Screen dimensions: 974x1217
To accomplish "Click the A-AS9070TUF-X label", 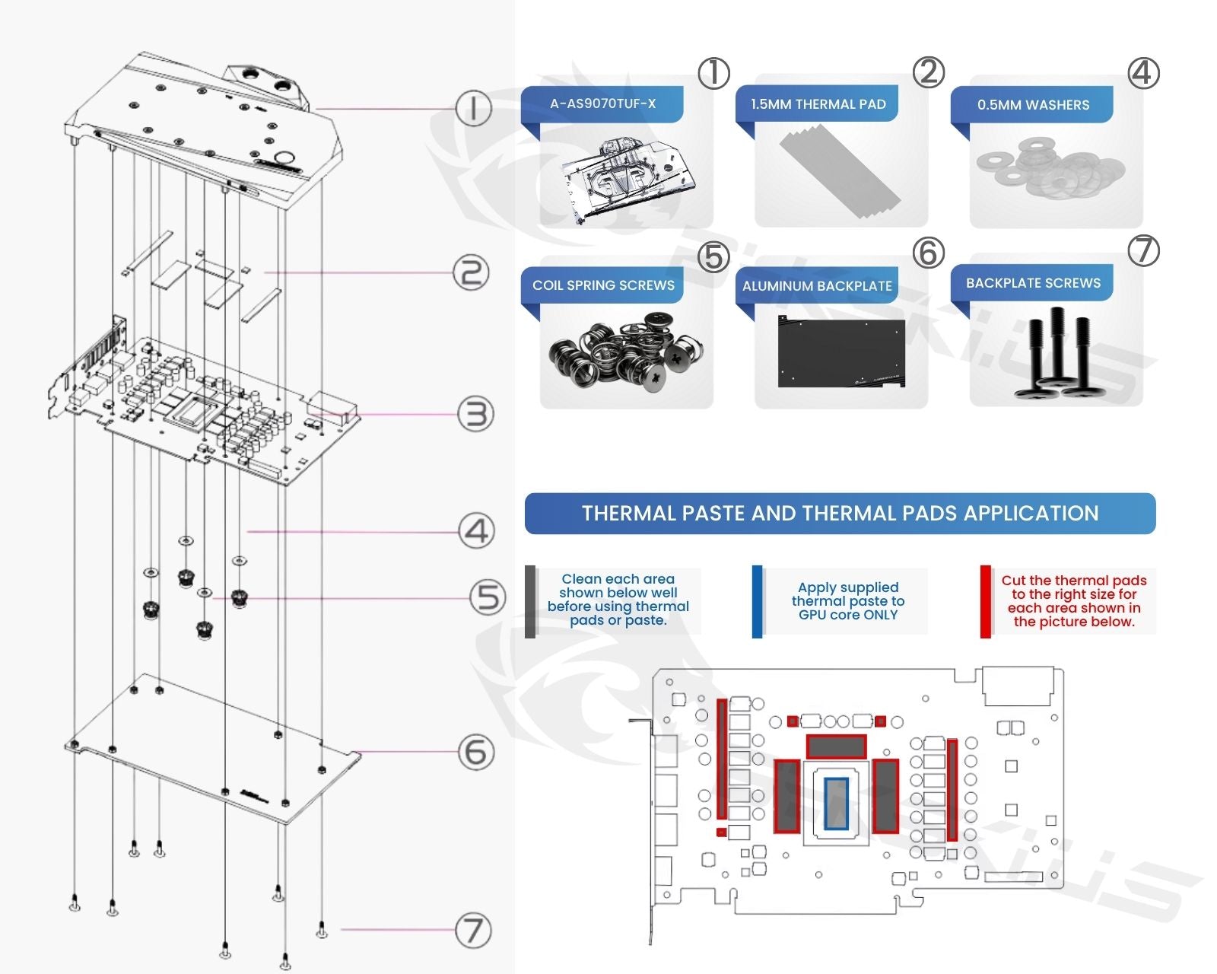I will (x=602, y=103).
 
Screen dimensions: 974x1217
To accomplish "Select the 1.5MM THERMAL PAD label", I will (x=818, y=104).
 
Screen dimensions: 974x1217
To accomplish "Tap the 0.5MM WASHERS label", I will (x=1033, y=105).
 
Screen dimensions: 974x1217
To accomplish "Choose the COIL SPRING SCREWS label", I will (x=603, y=285).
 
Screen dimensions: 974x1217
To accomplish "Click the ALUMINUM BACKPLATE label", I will (x=817, y=286).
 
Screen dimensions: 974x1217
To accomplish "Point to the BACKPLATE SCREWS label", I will (x=1033, y=283).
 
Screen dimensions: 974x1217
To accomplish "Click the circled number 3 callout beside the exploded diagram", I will (x=475, y=415).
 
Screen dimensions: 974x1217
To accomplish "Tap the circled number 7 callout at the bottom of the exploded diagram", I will (x=473, y=930).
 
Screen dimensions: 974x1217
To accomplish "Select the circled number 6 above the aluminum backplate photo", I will (x=929, y=253).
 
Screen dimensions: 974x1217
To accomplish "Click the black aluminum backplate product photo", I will (x=841, y=352).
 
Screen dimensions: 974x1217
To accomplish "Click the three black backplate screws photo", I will (x=1056, y=354).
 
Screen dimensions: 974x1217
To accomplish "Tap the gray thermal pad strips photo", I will (x=840, y=171).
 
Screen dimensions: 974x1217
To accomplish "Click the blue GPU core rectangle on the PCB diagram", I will (x=836, y=804).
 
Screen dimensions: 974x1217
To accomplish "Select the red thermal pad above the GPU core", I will (x=836, y=746).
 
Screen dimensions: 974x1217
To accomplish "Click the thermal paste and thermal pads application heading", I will (x=840, y=514).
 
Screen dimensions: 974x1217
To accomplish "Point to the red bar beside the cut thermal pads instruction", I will (x=985, y=601).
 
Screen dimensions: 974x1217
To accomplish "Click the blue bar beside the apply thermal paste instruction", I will (x=757, y=601).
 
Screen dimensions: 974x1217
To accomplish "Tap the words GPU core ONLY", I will (x=848, y=615).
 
